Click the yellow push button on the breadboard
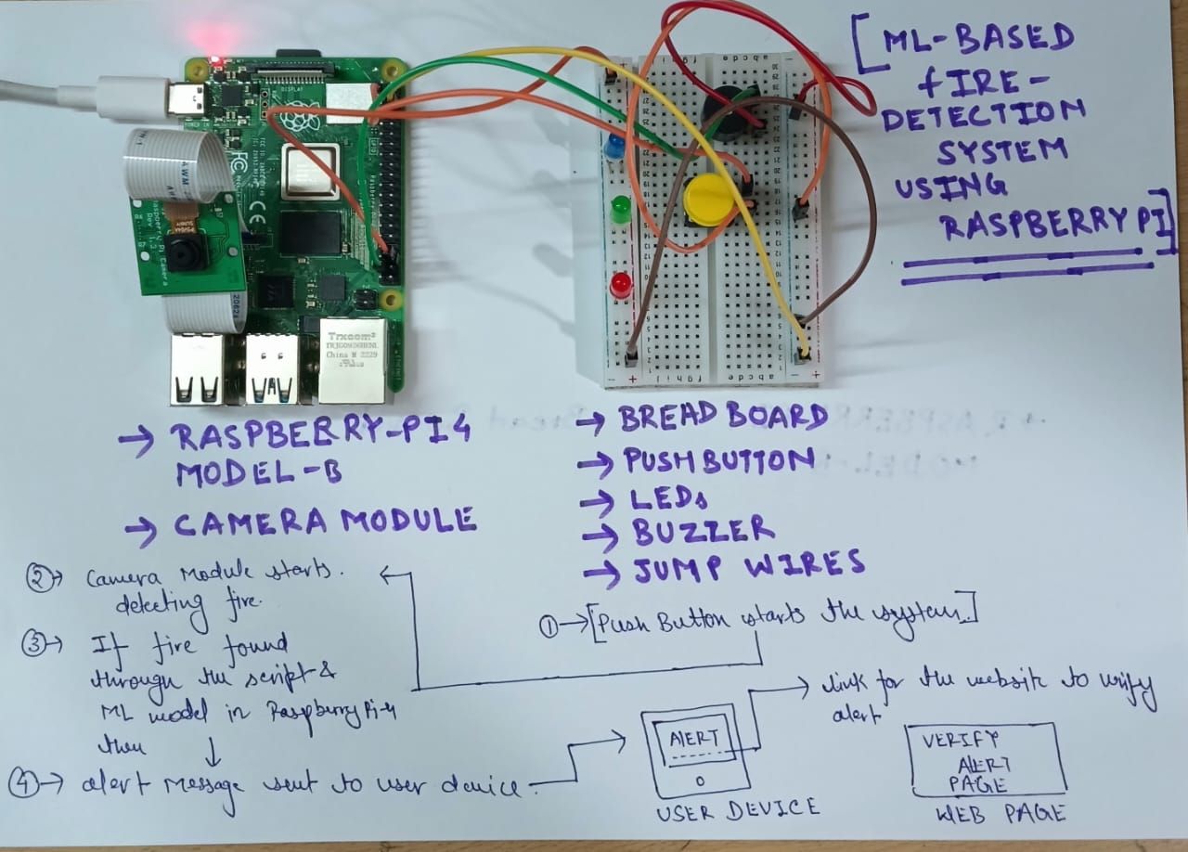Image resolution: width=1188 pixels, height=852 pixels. click(708, 198)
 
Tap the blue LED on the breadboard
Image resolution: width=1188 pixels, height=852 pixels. click(613, 148)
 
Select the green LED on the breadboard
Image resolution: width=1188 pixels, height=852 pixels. click(619, 208)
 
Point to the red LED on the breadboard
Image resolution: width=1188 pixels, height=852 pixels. click(620, 283)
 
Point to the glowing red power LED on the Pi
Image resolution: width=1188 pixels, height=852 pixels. click(215, 62)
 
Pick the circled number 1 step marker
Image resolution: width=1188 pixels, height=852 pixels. click(549, 626)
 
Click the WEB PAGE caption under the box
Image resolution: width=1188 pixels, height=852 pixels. click(986, 814)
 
